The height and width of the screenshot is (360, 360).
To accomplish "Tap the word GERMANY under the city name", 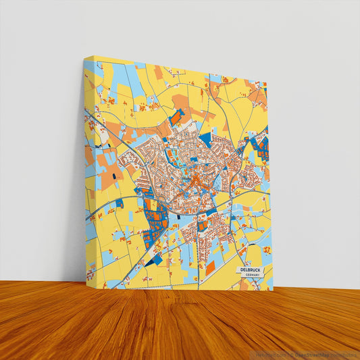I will (x=254, y=275).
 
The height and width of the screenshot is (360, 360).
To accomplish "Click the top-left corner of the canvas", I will (x=84, y=58).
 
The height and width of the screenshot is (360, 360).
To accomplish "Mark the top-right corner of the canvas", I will (x=267, y=83).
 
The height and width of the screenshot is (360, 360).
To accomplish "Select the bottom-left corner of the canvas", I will (x=86, y=281).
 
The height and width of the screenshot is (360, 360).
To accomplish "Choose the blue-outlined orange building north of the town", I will (x=176, y=118).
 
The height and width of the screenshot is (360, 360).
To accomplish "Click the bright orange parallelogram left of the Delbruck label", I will (x=210, y=267).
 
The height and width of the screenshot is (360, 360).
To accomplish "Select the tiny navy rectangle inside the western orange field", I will (x=114, y=176).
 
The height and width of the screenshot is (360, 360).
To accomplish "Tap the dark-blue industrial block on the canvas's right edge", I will (x=263, y=147).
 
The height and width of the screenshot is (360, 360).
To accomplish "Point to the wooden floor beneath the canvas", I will (x=180, y=324).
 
